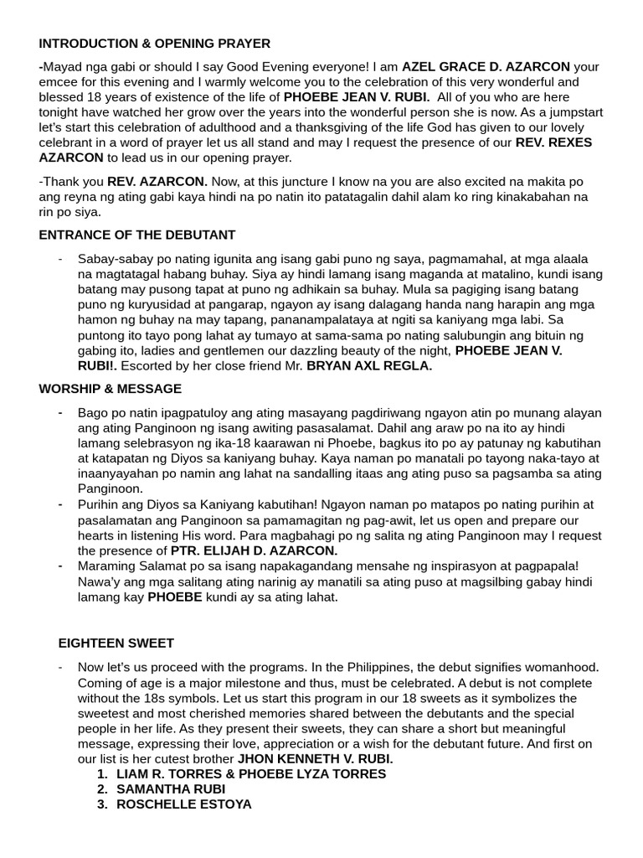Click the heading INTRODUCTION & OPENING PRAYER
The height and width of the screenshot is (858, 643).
(x=154, y=44)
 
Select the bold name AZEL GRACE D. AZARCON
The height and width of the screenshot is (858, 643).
(x=486, y=66)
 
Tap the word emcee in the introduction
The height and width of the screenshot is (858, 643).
(x=59, y=82)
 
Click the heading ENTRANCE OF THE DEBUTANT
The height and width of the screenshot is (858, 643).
(x=137, y=235)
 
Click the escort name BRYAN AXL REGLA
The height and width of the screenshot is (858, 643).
(x=369, y=366)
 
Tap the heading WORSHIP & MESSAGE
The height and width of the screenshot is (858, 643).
(x=111, y=389)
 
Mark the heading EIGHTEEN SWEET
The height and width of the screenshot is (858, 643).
(x=116, y=643)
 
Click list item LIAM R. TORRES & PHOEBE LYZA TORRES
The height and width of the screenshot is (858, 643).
(x=251, y=773)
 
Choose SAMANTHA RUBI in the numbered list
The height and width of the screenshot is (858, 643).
(x=171, y=789)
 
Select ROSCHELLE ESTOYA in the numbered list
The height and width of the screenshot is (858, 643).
(x=184, y=804)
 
